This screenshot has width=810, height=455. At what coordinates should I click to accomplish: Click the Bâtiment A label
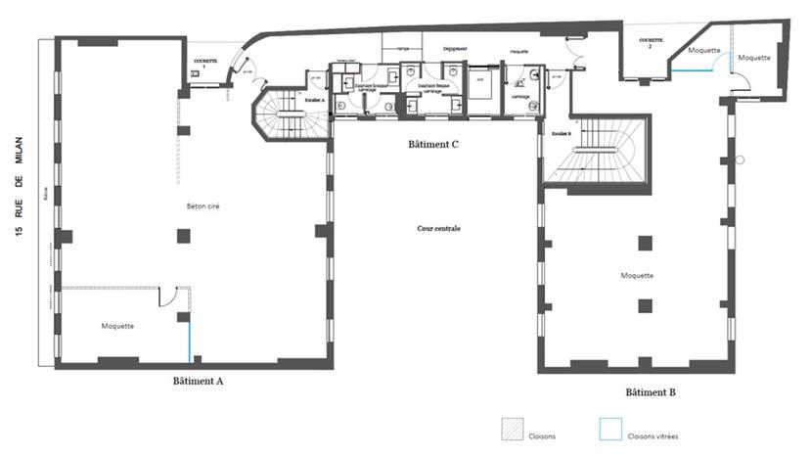coord(198,381)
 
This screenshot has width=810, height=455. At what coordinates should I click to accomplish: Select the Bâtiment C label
coord(433,144)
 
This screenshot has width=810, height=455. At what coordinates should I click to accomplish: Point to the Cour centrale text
coord(437,228)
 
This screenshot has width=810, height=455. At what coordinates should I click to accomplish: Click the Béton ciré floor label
coord(202,207)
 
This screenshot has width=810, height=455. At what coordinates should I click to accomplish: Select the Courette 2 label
coord(651,43)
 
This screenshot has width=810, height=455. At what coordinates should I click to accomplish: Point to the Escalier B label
coord(561,132)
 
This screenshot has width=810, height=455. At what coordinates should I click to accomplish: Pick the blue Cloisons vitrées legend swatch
coord(610,430)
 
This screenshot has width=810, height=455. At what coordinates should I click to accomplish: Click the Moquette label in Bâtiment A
coord(117,326)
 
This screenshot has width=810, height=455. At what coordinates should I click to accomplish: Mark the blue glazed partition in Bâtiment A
coord(190,339)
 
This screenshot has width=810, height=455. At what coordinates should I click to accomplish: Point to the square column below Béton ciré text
coord(183,235)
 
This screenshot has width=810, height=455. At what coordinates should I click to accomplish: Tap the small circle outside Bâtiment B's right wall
coord(741,159)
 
